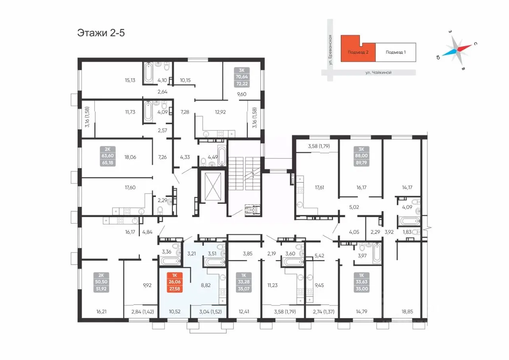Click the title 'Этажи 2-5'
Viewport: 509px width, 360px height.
click(x=101, y=33)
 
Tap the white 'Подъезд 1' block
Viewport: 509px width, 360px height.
click(x=396, y=52)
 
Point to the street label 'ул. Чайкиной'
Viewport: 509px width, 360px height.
click(x=378, y=72)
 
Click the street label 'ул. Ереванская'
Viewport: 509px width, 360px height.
click(x=330, y=50)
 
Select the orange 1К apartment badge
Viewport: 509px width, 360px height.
click(x=175, y=282)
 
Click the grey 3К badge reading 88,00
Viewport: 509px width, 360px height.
click(x=361, y=156)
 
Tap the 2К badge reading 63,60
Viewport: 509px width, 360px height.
click(x=108, y=156)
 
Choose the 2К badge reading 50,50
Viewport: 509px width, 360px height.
click(x=101, y=282)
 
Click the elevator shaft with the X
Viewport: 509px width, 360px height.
click(x=213, y=187)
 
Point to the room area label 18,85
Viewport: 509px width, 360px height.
click(x=407, y=311)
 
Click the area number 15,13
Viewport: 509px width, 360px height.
click(x=130, y=80)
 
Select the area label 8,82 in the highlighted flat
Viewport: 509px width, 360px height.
click(x=206, y=285)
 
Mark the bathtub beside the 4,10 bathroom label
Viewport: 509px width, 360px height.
click(x=148, y=72)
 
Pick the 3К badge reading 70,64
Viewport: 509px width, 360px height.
click(x=242, y=77)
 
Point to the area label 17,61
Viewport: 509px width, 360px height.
click(x=319, y=187)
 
